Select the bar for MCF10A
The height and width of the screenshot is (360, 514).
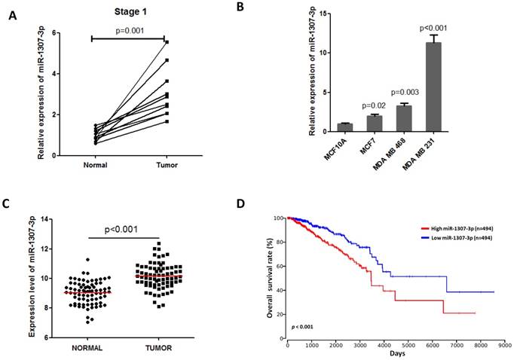point(344,127)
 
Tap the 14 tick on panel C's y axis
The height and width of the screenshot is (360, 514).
point(42,219)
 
